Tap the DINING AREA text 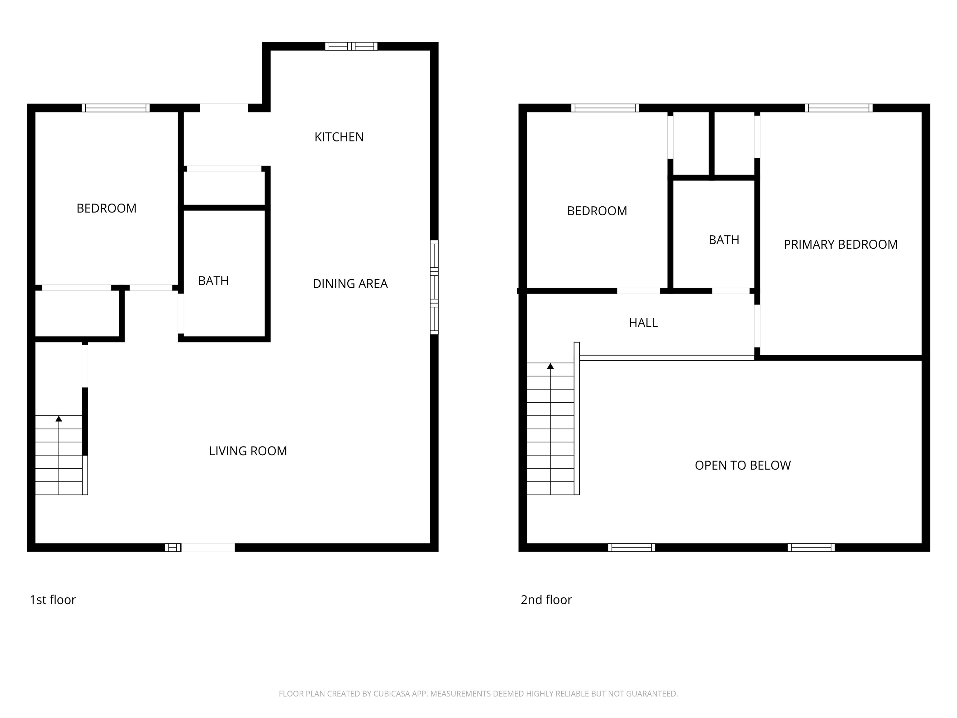click(x=350, y=284)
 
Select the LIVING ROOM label click(x=248, y=451)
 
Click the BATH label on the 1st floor click(x=213, y=281)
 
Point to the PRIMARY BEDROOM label click(x=840, y=245)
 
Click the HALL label click(x=643, y=323)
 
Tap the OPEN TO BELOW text click(x=742, y=465)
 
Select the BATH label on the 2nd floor click(x=723, y=240)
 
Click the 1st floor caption click(x=53, y=600)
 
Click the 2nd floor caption click(x=546, y=600)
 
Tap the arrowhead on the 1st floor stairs click(x=59, y=419)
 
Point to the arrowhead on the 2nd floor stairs click(x=550, y=366)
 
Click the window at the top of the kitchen click(x=351, y=46)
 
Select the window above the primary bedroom click(x=838, y=108)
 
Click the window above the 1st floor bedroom click(x=116, y=108)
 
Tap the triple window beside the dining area click(x=434, y=287)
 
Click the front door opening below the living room click(x=208, y=548)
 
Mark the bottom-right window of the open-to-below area click(x=811, y=548)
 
